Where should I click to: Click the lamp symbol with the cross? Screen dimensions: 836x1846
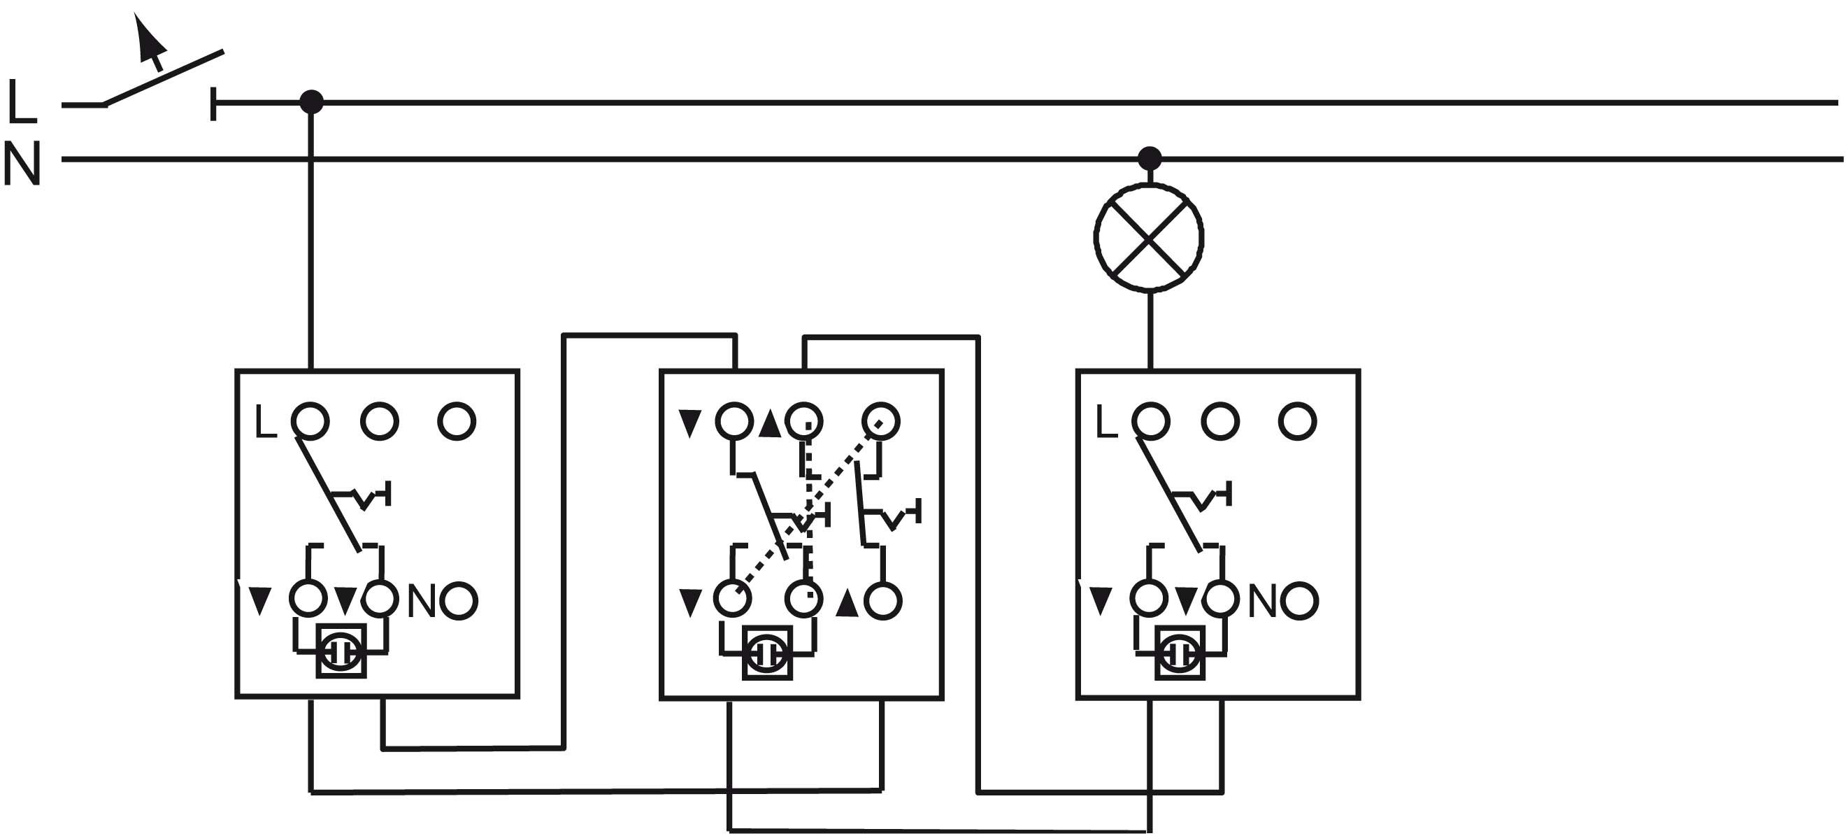(1149, 238)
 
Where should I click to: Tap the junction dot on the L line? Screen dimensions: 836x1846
(311, 102)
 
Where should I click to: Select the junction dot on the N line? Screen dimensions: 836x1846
(1150, 157)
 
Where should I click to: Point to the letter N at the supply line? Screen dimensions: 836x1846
(22, 164)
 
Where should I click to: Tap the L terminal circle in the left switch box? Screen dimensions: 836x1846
(310, 421)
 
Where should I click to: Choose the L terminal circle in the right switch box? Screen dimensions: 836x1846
(1151, 421)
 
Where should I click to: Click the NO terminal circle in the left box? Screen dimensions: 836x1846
(459, 601)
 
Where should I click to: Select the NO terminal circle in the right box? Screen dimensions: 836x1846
(1299, 601)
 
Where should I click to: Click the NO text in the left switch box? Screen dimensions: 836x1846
(422, 601)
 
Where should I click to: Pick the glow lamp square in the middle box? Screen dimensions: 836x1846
(767, 653)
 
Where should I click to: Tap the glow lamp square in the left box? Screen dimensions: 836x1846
(342, 651)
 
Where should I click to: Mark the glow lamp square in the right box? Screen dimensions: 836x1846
(1180, 653)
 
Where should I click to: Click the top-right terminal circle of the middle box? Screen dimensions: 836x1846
(881, 421)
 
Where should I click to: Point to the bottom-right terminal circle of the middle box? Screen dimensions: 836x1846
(883, 601)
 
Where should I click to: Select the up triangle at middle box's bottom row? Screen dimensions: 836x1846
(847, 603)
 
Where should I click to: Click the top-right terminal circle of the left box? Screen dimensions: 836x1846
(457, 421)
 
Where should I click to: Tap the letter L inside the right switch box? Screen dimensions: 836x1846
(1106, 423)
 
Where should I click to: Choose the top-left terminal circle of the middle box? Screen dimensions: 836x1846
(734, 421)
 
